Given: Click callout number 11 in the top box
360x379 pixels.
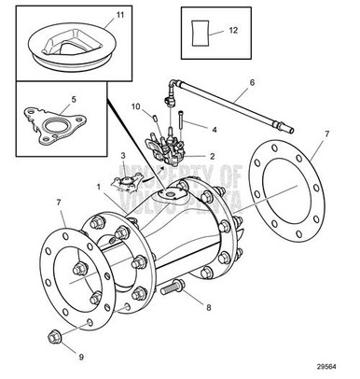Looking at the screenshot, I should click(x=119, y=17).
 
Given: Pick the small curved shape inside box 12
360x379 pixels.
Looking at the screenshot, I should click(x=199, y=32).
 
